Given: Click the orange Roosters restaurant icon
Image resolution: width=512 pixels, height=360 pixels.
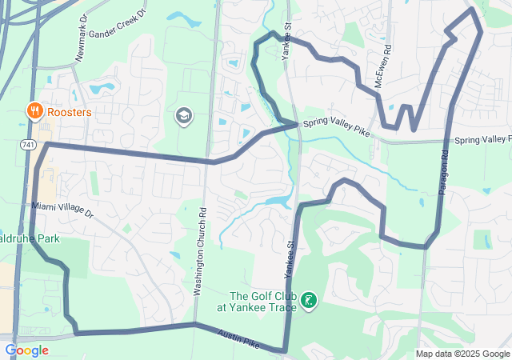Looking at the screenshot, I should pyautogui.click(x=34, y=111).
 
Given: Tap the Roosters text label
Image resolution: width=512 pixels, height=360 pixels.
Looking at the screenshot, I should pyautogui.click(x=70, y=112).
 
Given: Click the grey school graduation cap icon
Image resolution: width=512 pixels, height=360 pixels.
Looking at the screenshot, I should pyautogui.click(x=183, y=117).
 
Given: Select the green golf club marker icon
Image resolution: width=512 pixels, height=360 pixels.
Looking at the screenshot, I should pyautogui.click(x=307, y=301).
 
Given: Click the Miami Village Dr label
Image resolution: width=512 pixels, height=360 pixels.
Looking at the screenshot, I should pyautogui.click(x=63, y=210).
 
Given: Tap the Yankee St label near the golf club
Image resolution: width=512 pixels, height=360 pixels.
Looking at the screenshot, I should pyautogui.click(x=288, y=256).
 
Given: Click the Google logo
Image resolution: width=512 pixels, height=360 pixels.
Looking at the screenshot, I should pyautogui.click(x=26, y=350).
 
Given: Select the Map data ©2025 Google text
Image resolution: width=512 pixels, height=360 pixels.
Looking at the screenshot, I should pyautogui.click(x=462, y=354).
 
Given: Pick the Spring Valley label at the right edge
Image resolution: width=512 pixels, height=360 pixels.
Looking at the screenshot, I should pyautogui.click(x=482, y=140).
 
